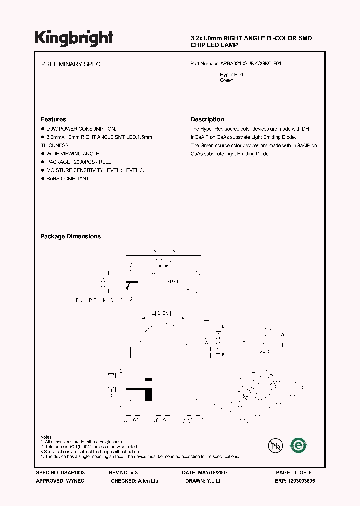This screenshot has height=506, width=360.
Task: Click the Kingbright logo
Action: [73, 38]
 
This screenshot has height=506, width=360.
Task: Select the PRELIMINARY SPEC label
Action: [71, 64]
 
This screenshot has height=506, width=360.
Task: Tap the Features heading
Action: [53, 119]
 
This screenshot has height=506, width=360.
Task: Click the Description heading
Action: [207, 119]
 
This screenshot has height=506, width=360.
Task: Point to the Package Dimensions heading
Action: [70, 236]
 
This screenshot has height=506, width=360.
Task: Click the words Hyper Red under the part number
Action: [231, 75]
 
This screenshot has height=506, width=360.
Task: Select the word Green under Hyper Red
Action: [226, 80]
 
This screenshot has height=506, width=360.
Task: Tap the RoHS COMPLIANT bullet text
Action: [68, 179]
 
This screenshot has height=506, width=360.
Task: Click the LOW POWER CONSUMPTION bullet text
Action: [81, 128]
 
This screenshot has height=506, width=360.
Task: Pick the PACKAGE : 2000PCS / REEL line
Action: [79, 162]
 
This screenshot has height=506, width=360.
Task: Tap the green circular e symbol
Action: [299, 445]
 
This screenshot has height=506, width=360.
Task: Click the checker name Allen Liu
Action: [151, 480]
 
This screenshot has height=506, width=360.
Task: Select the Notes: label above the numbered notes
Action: [47, 437]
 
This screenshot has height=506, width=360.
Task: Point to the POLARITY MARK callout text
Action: [96, 300]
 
